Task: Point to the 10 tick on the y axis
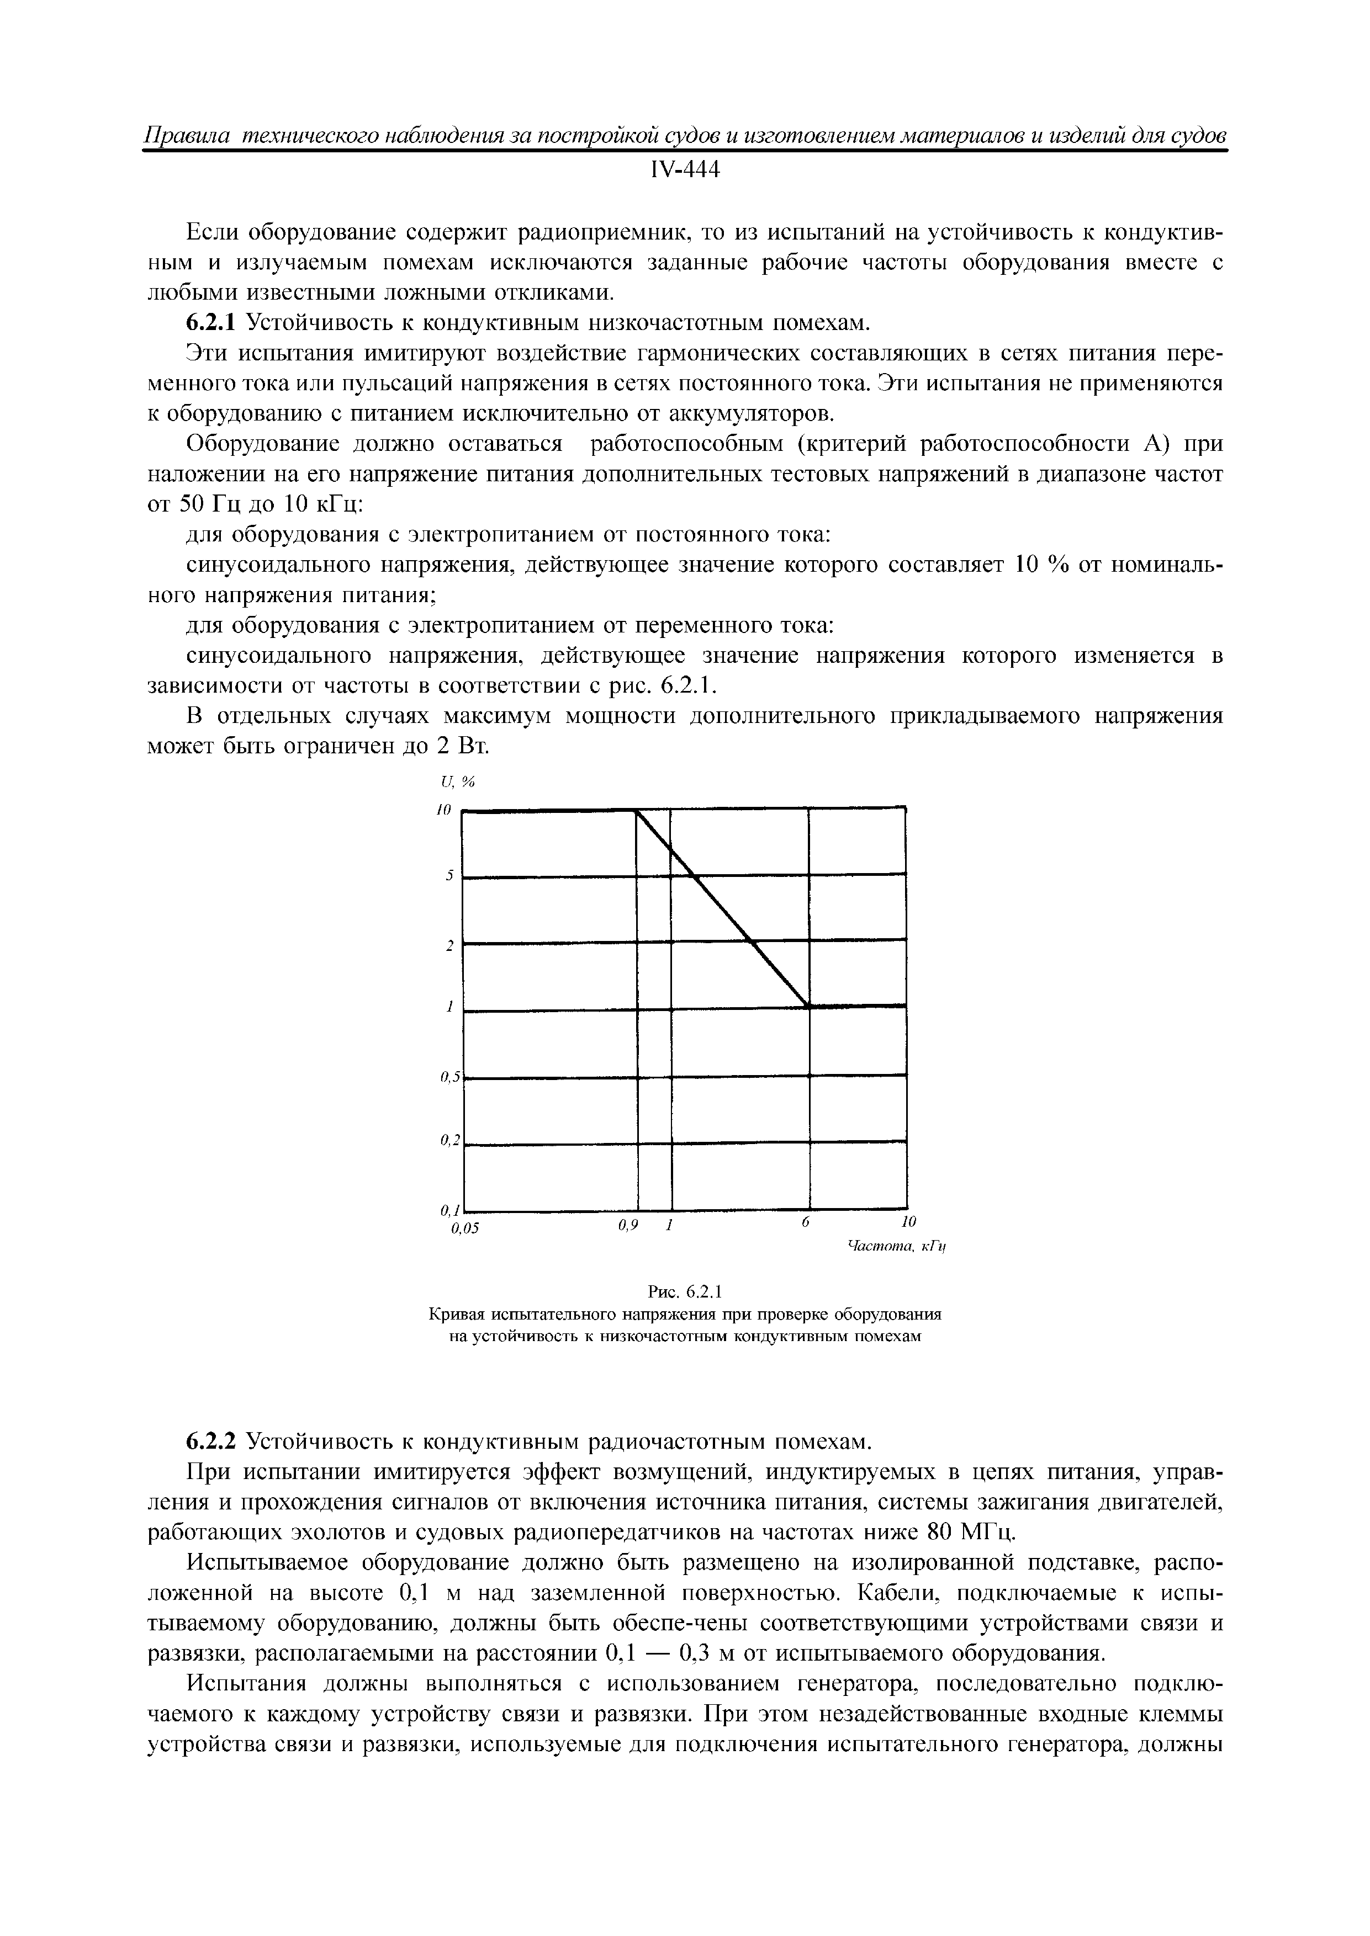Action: click(x=444, y=810)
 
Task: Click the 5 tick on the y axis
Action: click(x=449, y=876)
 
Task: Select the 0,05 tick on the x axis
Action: click(x=464, y=1228)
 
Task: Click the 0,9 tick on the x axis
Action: click(x=625, y=1224)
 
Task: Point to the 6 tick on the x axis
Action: click(x=806, y=1222)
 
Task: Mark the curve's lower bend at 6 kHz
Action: click(x=809, y=1006)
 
